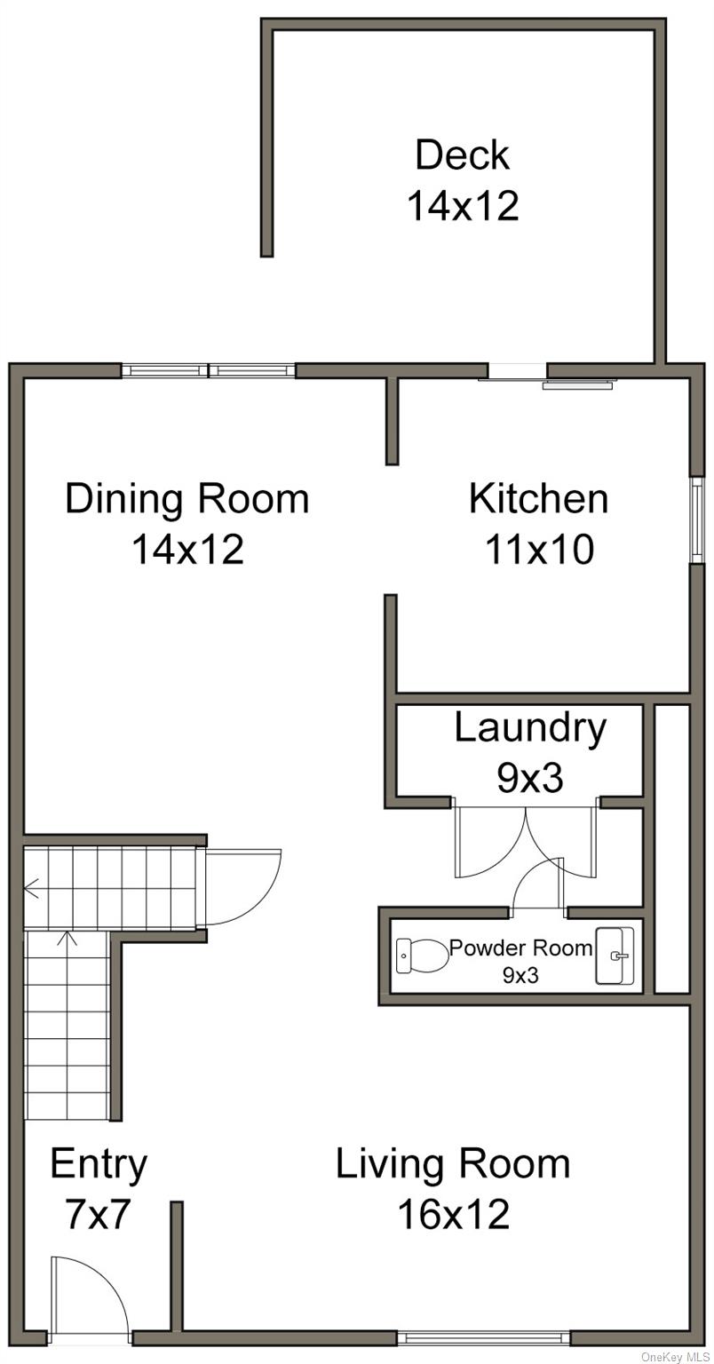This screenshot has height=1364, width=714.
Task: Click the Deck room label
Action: click(x=462, y=155)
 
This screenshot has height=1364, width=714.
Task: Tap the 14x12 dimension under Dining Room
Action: click(x=187, y=549)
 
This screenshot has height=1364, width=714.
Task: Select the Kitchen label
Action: click(x=538, y=498)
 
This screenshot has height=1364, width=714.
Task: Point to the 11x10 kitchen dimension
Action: click(x=538, y=549)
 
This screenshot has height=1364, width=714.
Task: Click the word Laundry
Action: click(x=530, y=727)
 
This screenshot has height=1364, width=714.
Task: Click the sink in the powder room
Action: click(x=615, y=956)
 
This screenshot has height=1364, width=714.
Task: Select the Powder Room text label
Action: click(x=520, y=948)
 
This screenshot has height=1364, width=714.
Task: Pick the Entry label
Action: click(x=98, y=1163)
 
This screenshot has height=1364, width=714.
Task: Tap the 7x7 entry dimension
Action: click(x=98, y=1214)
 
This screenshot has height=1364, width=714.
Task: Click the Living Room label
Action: click(x=452, y=1163)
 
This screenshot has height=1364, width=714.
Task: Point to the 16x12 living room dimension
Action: click(x=452, y=1214)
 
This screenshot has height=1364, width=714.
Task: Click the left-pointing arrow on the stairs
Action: click(x=33, y=886)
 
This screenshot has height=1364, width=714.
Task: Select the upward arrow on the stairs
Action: click(x=67, y=938)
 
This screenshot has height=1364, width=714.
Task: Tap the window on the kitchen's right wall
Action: click(x=698, y=519)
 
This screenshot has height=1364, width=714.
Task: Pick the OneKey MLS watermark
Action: click(x=676, y=1356)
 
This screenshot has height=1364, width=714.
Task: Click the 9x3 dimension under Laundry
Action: click(x=529, y=778)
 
